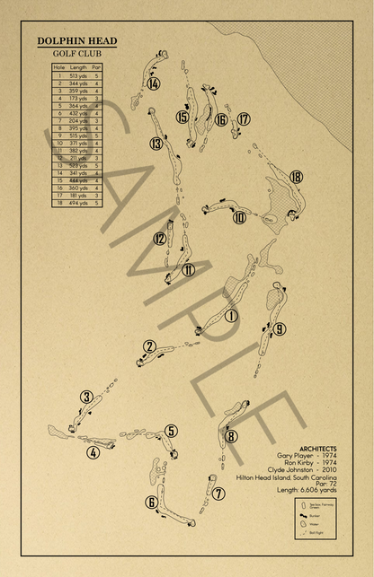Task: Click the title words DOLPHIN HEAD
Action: point(76,41)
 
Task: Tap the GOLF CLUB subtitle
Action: point(76,54)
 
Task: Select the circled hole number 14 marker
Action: point(155,84)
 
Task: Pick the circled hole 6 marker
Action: point(151,503)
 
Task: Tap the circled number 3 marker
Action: point(86,398)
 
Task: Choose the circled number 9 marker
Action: point(280,328)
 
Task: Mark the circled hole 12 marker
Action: point(159,239)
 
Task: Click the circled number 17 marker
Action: point(243,118)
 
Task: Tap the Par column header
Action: point(96,67)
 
